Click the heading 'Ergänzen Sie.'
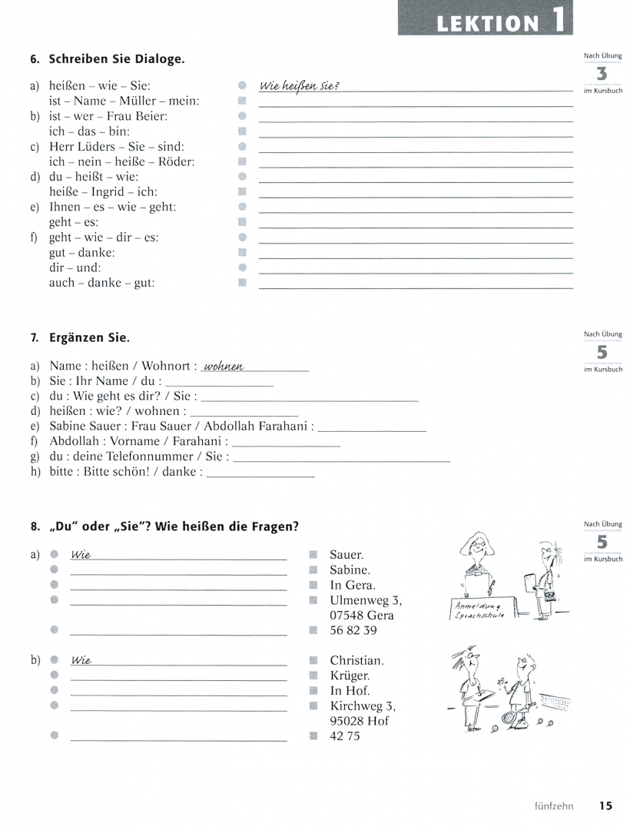(x=89, y=338)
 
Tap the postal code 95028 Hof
(x=359, y=721)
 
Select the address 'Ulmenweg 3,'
(x=366, y=600)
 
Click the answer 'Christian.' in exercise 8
(x=356, y=660)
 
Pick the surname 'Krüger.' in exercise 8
(x=350, y=676)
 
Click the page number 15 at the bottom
(x=605, y=806)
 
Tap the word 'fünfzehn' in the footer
(x=557, y=806)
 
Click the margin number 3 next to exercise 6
(x=602, y=75)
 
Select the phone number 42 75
(x=344, y=736)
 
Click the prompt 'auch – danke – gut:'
(x=101, y=283)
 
